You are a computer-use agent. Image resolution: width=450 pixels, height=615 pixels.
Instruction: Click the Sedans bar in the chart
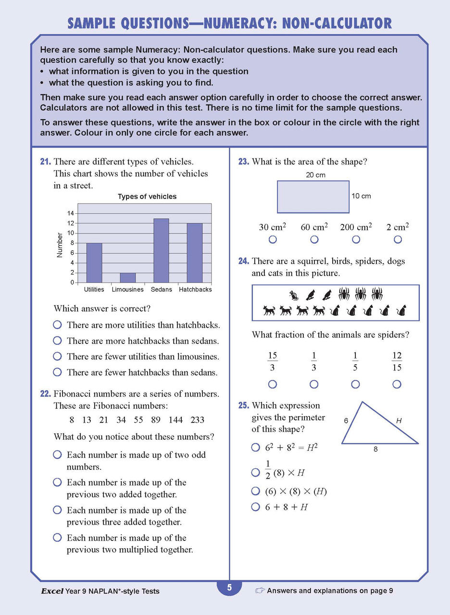[x=161, y=250]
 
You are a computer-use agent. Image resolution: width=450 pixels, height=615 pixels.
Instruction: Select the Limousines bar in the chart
[x=127, y=277]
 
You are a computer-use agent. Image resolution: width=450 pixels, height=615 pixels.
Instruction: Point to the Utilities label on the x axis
[x=94, y=290]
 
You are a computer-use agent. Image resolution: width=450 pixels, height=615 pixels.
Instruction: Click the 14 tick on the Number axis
[x=71, y=213]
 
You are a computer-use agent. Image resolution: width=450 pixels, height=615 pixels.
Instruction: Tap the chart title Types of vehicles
[x=147, y=197]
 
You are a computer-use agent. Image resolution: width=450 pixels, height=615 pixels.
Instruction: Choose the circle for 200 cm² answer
[x=356, y=239]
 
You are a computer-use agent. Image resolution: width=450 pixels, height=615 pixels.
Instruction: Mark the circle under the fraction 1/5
[x=355, y=384]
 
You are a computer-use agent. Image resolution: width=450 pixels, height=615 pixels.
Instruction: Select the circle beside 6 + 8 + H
[x=256, y=507]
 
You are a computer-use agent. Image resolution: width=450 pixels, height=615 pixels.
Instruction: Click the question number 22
[x=45, y=394]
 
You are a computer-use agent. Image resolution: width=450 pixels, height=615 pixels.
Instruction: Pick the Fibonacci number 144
[x=175, y=420]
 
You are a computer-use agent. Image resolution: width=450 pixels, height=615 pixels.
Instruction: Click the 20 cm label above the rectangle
[x=315, y=175]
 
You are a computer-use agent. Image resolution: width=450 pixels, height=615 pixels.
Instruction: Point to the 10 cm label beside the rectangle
[x=362, y=196]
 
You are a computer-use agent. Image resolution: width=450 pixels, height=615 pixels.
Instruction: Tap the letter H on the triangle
[x=399, y=421]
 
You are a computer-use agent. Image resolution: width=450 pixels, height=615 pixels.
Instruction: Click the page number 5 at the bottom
[x=229, y=588]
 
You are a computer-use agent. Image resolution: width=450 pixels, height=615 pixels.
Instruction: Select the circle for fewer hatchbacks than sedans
[x=57, y=372]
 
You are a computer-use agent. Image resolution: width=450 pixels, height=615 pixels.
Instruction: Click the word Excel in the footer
[x=52, y=591]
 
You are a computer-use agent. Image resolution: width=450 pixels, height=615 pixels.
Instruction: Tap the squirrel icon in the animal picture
[x=293, y=295]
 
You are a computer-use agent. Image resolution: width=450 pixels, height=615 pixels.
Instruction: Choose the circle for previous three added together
[x=57, y=510]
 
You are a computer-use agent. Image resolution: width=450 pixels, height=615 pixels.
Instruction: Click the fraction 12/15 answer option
[x=397, y=362]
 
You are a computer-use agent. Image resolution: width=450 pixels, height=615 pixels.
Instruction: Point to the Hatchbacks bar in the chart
[x=195, y=253]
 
